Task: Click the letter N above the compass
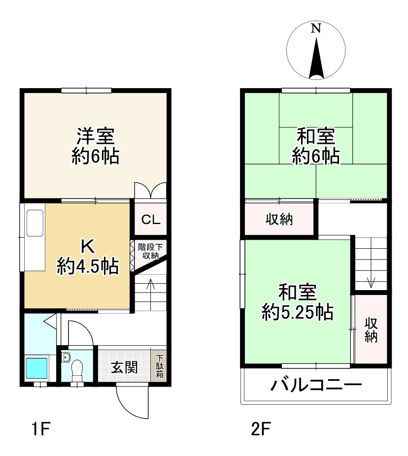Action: pyautogui.click(x=315, y=29)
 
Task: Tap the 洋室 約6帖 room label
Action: pyautogui.click(x=95, y=145)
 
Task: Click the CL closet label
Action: pyautogui.click(x=151, y=220)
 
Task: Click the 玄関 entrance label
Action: pyautogui.click(x=124, y=368)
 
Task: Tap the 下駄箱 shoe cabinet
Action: pyautogui.click(x=160, y=367)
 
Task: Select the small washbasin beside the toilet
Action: pyautogui.click(x=66, y=358)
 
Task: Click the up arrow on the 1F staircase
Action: pyautogui.click(x=151, y=286)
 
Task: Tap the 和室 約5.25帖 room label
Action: pyautogui.click(x=297, y=301)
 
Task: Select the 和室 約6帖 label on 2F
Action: pyautogui.click(x=315, y=145)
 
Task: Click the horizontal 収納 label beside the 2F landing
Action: pyautogui.click(x=279, y=220)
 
